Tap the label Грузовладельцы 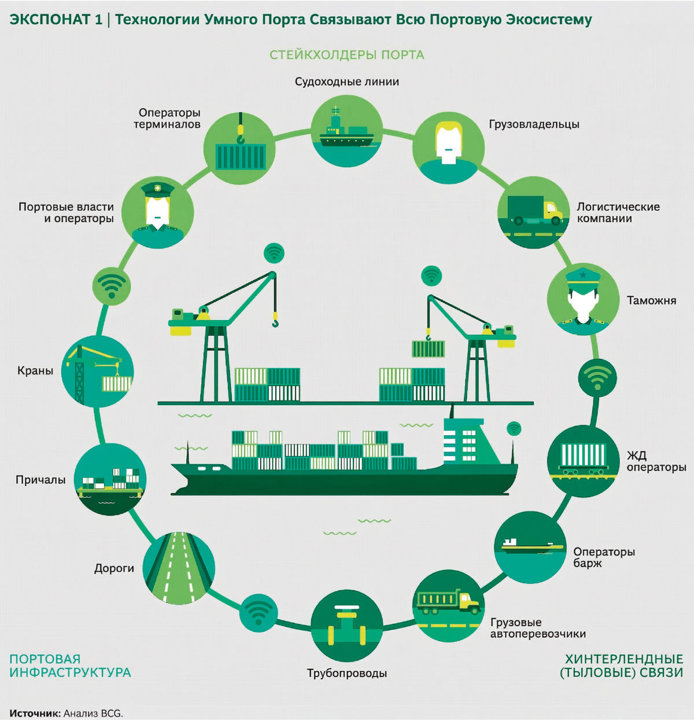[534, 124]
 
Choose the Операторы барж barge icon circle [530, 547]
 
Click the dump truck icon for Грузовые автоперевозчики [449, 604]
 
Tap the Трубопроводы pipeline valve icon [346, 625]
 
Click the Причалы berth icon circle [110, 480]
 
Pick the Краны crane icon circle [98, 371]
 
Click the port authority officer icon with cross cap [158, 212]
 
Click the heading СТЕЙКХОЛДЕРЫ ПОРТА [347, 55]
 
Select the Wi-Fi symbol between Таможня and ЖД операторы [597, 376]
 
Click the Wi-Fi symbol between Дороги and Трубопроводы [259, 612]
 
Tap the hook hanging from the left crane [275, 321]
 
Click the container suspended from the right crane [428, 348]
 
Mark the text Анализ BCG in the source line [93, 713]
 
